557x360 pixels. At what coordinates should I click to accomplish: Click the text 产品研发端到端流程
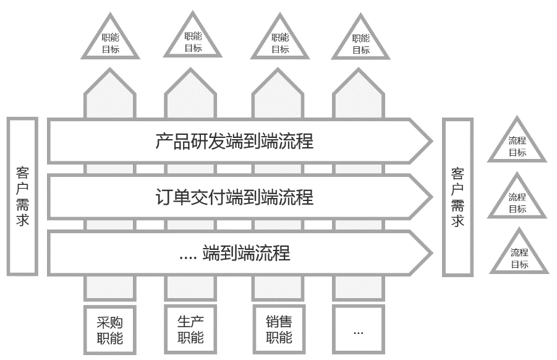tap(234, 142)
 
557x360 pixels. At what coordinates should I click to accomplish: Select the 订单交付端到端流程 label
tap(234, 197)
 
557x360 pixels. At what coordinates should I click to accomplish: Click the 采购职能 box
tap(110, 330)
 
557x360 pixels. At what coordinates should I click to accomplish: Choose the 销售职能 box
tap(279, 330)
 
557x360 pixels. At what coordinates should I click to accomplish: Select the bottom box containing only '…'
tap(359, 330)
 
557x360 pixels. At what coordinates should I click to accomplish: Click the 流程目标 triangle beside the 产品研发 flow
tap(517, 146)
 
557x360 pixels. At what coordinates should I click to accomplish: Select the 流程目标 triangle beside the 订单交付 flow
tap(517, 202)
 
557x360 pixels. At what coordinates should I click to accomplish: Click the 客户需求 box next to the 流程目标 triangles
tap(457, 197)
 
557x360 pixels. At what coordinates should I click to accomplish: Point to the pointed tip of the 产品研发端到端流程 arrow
tap(430, 142)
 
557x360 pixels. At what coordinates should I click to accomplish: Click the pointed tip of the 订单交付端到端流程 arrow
tap(430, 197)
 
